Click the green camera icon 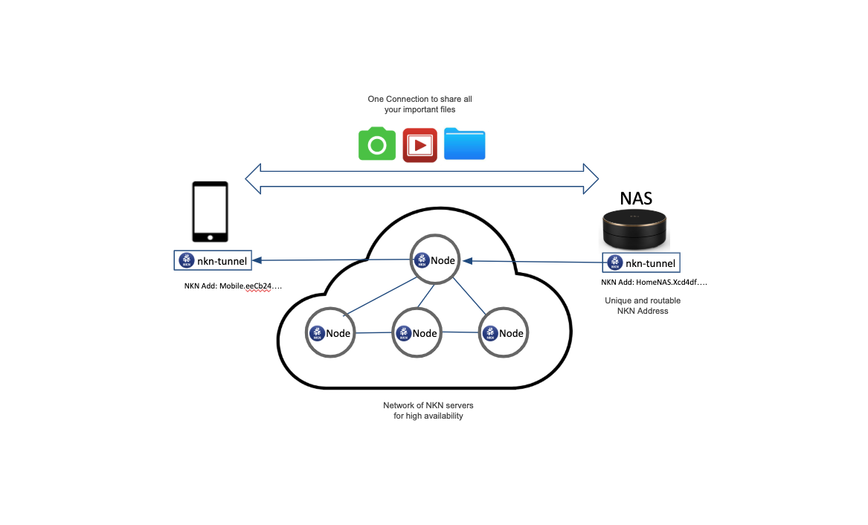[x=377, y=144]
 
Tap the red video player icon [x=419, y=145]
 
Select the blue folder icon [x=465, y=144]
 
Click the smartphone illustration [x=210, y=212]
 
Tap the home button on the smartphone [x=210, y=236]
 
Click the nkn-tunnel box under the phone [x=212, y=260]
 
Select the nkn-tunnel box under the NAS [x=642, y=262]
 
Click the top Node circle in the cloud [x=434, y=260]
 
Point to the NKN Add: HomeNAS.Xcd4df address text [x=655, y=283]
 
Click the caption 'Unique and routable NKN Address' [x=643, y=306]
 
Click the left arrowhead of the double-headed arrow [x=254, y=178]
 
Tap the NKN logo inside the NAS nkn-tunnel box [x=614, y=262]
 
